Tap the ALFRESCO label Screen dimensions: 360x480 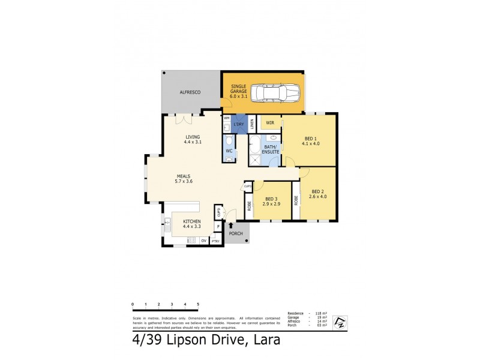click(x=190, y=92)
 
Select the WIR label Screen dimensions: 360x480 click(x=270, y=122)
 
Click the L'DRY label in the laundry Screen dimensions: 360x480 click(x=239, y=124)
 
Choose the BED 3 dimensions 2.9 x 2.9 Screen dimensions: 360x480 click(x=271, y=204)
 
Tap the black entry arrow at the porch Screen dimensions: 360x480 click(x=232, y=224)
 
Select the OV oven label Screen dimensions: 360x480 click(x=203, y=241)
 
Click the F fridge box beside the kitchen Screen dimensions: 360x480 click(x=218, y=227)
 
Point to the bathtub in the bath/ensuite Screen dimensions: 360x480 click(x=254, y=145)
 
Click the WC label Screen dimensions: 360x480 click(x=229, y=151)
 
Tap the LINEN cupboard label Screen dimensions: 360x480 click(x=253, y=124)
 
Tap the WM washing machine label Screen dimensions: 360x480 click(x=227, y=118)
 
